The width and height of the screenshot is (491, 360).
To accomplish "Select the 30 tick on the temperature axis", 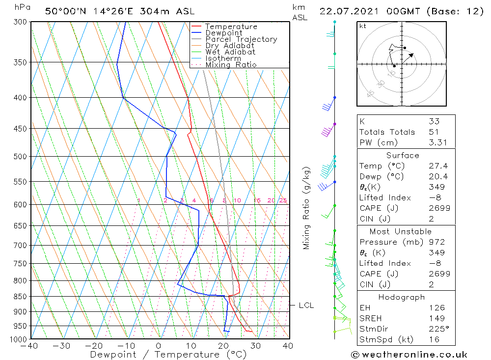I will [255, 346].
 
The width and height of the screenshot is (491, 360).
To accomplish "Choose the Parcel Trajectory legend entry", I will [241, 39].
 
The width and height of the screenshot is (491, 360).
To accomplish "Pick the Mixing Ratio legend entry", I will [230, 65].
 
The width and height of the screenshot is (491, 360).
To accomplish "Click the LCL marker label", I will [306, 305].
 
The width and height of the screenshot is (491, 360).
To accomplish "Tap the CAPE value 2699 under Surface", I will [439, 208].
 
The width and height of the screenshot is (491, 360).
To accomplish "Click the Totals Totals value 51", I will [434, 132].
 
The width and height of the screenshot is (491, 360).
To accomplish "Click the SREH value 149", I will [436, 319].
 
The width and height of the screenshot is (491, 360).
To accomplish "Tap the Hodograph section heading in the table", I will [402, 297].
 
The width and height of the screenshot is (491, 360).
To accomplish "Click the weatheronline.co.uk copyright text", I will [409, 355].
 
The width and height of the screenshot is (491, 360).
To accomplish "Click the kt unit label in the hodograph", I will [362, 26].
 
